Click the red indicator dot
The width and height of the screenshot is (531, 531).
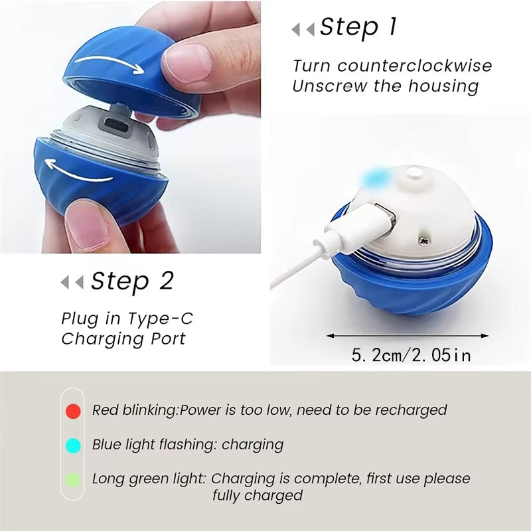coord(74,411)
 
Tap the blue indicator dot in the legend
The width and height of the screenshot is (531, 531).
coord(74,445)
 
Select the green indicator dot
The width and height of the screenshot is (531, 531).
coord(74,479)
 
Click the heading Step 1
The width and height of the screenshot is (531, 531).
coord(358,27)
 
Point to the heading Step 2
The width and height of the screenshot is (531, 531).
coord(132,281)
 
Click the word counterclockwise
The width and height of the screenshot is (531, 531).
coord(415,66)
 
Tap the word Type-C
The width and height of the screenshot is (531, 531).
coord(165,319)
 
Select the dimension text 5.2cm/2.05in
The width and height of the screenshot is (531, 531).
coord(412,355)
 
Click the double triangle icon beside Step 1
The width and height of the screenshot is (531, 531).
coord(303,30)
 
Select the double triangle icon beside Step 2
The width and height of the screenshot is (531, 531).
coord(72,283)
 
